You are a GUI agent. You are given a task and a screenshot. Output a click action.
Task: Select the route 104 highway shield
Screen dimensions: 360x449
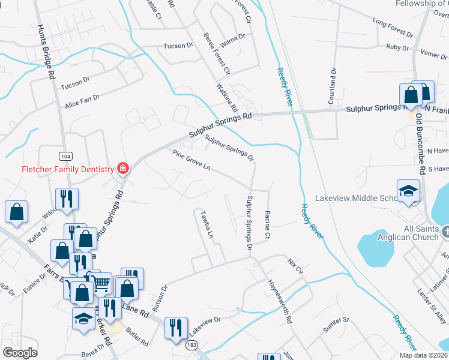[65, 156]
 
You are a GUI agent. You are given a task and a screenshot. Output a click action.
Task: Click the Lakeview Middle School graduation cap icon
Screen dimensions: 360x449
[409, 191]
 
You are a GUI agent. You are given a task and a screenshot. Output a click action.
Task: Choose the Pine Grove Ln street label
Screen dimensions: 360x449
[191, 160]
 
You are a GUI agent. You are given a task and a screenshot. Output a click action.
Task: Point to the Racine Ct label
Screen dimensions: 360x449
[268, 223]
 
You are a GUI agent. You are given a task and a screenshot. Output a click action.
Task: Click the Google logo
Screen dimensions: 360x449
[20, 352]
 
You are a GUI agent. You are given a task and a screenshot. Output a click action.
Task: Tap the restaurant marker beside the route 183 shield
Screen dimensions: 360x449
[176, 328]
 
